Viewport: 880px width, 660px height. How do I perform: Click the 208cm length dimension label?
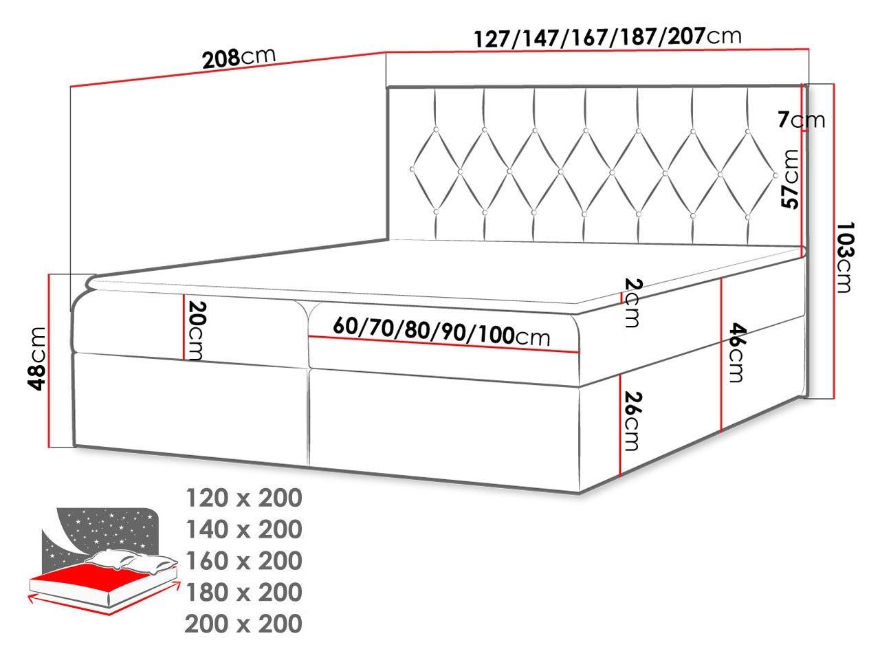239,58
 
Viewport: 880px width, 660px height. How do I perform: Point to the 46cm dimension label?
736,351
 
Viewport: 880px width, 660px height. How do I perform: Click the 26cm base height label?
635,421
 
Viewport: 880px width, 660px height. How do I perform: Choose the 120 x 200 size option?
243,498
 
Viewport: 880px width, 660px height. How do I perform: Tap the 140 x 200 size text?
243,529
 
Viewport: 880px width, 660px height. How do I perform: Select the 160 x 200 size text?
243,561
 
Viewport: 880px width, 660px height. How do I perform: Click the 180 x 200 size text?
243,592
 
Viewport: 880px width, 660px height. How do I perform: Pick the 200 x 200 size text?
243,624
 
